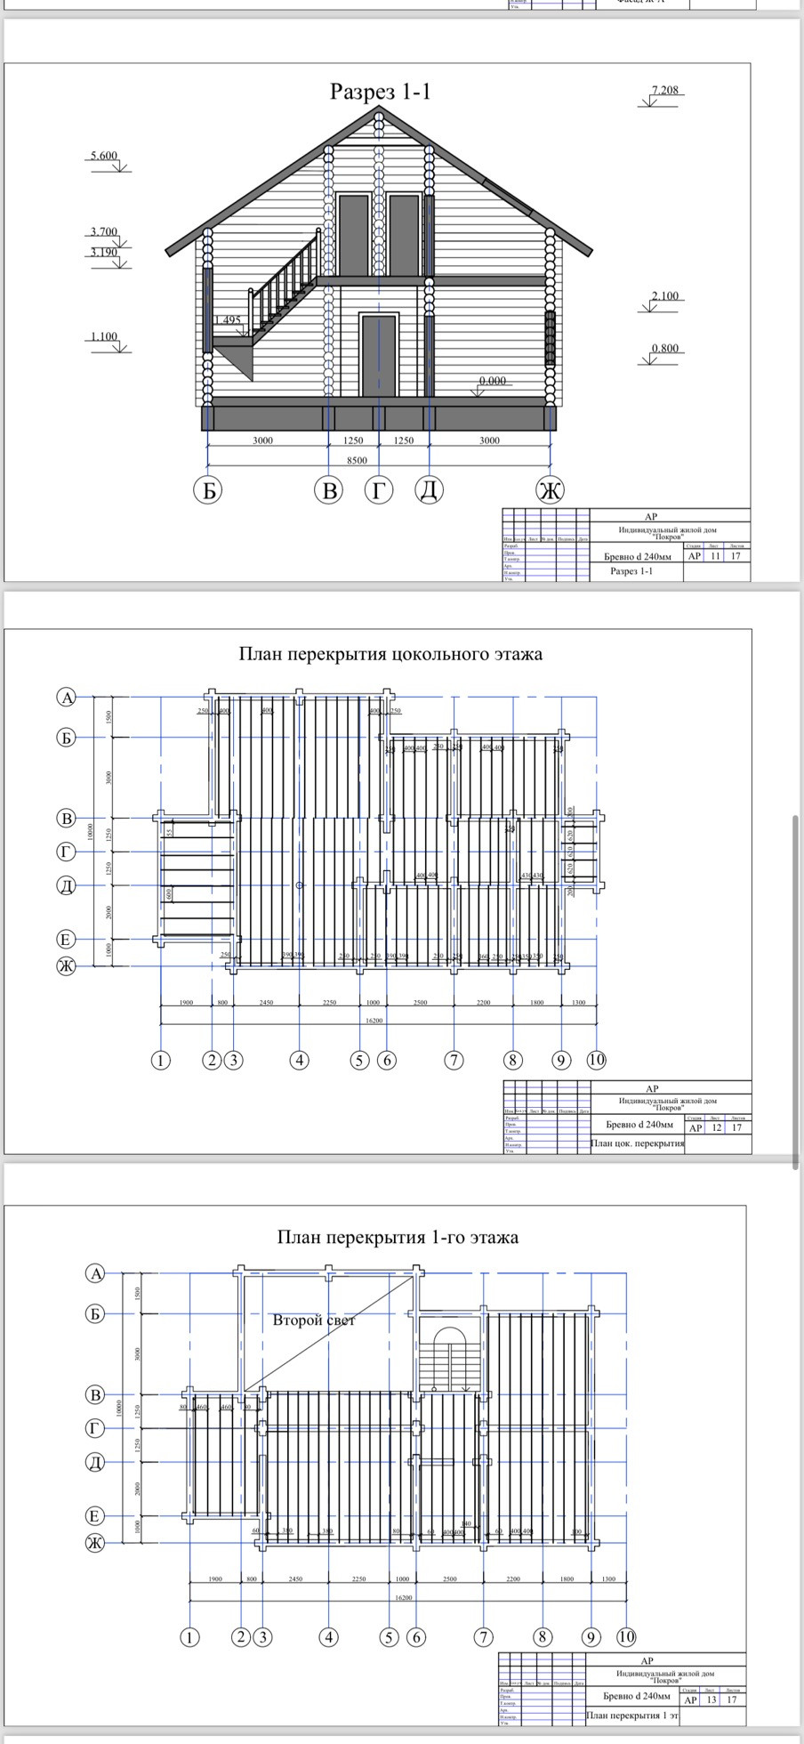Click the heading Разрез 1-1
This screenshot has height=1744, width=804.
coord(380,91)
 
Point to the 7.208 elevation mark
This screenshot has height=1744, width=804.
coord(664,90)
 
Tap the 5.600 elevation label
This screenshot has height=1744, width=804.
coord(102,156)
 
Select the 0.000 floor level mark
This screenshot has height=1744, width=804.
coord(492,381)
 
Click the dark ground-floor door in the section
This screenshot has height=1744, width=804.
coord(379,355)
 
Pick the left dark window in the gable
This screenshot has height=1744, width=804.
coord(354,236)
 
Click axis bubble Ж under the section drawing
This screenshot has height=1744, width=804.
coord(550,489)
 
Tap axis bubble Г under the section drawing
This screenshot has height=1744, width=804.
coord(379,489)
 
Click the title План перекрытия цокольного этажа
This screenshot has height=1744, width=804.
coord(390,654)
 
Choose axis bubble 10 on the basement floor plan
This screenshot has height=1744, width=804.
coord(596,1060)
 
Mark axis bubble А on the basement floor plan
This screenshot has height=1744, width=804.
coord(67,698)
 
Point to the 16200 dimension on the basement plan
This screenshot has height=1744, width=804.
coord(374,1021)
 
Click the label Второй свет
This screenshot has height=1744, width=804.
coord(314,1320)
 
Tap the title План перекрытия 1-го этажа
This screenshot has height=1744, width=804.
coord(398,1238)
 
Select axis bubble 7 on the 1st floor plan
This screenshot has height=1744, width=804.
coord(483,1636)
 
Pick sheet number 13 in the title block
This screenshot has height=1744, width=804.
coord(711,1700)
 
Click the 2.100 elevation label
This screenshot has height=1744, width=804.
coord(665,296)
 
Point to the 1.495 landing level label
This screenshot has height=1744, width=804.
coord(228,320)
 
